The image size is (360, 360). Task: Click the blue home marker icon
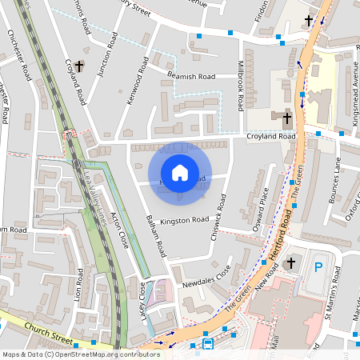[180, 173]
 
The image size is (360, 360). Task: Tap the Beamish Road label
[192, 76]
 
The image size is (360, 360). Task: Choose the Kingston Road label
[184, 219]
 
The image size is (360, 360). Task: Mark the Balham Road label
[157, 237]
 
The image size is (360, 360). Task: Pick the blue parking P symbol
[320, 267]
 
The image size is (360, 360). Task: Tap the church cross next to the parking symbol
[291, 262]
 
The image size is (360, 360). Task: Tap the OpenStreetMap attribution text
[81, 354]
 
